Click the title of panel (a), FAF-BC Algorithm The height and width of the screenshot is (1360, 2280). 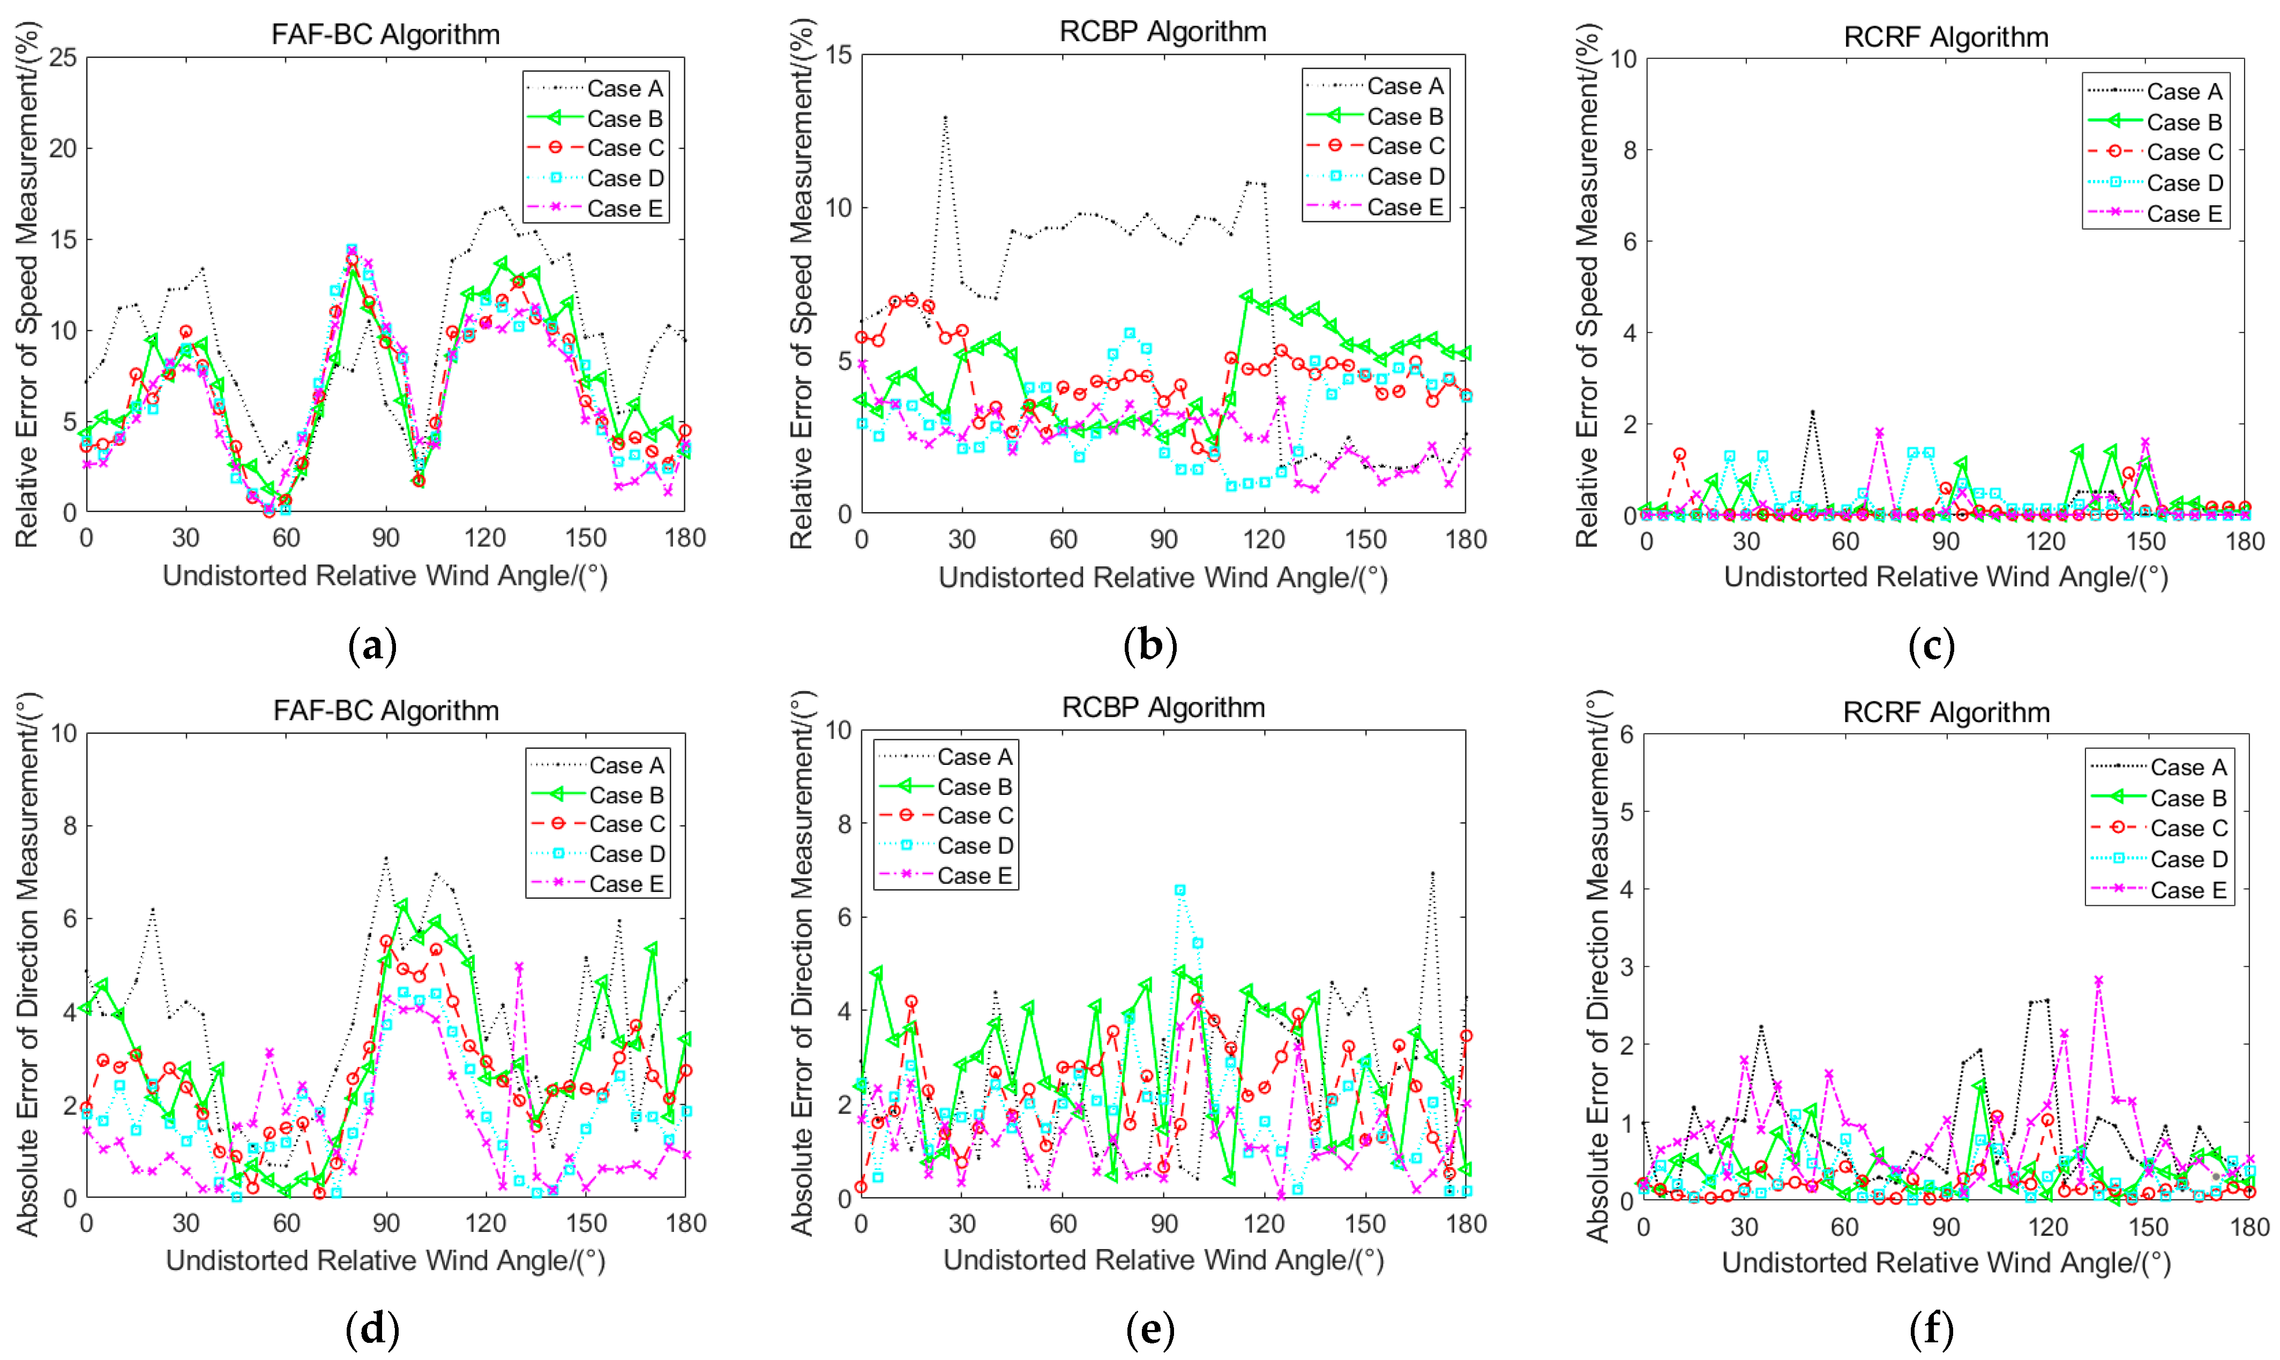(x=385, y=35)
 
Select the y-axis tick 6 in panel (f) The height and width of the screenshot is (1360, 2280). (x=1626, y=735)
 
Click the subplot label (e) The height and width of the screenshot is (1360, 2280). (x=1149, y=1329)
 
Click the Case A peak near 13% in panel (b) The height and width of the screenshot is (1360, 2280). (x=945, y=117)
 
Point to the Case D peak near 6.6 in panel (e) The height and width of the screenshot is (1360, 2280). (x=1180, y=890)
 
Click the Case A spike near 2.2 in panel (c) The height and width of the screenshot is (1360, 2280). (x=1812, y=412)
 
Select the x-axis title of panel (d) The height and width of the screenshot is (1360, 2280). (x=385, y=1261)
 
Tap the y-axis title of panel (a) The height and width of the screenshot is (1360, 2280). (x=27, y=284)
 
